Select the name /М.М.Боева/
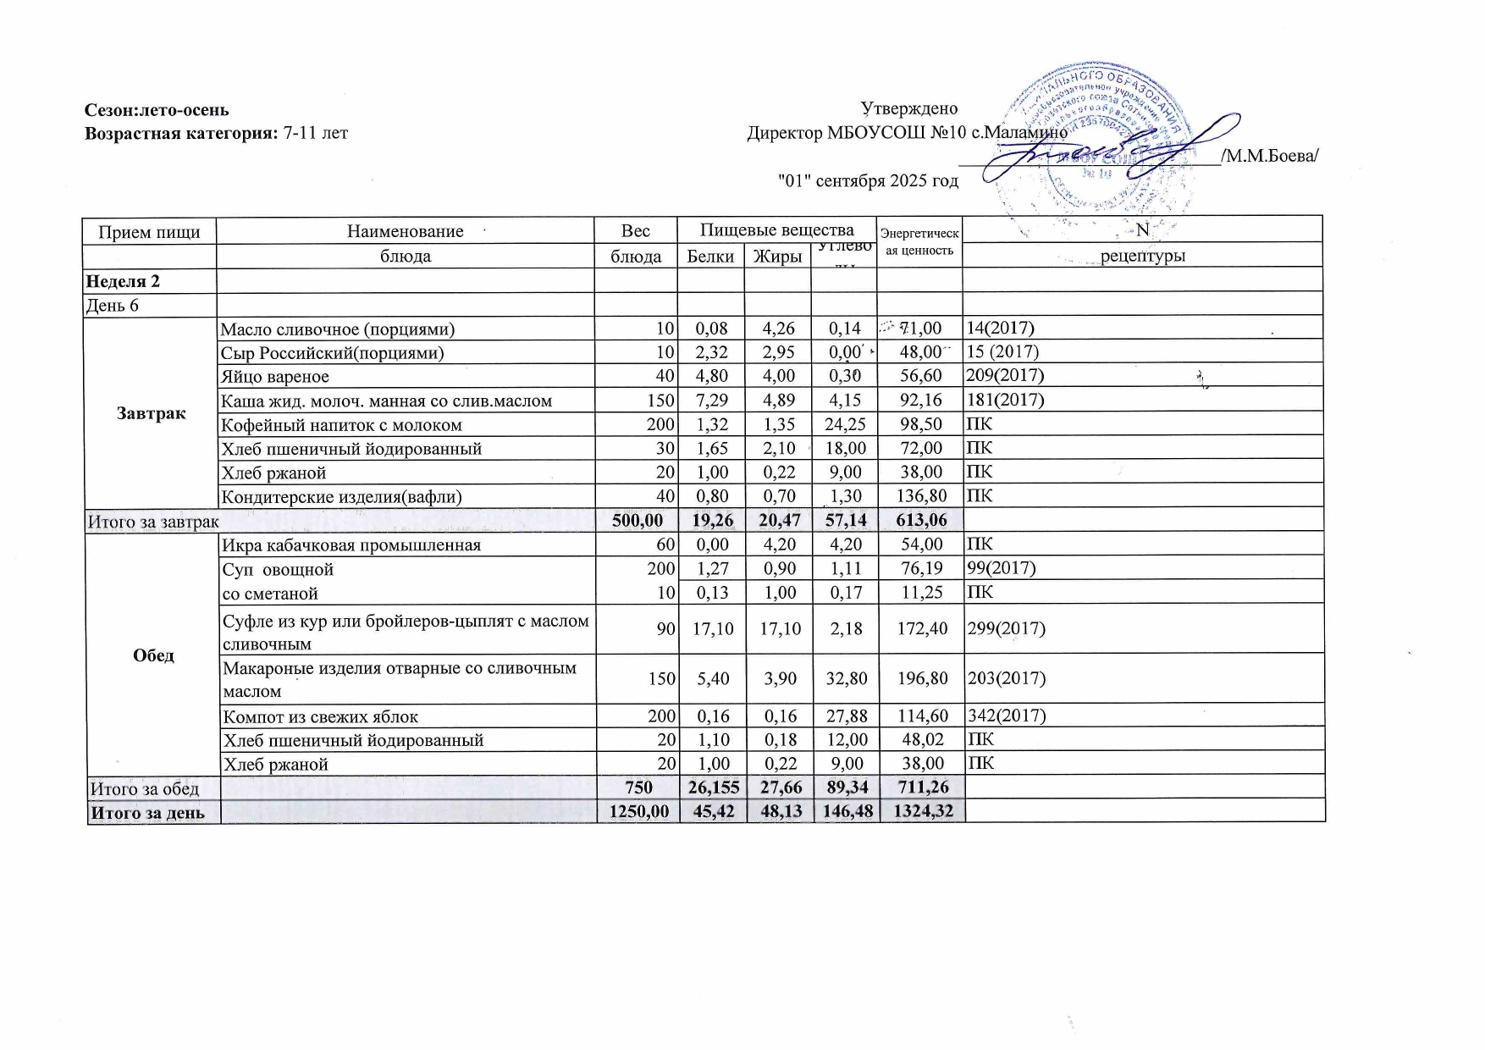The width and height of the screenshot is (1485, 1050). click(x=1269, y=156)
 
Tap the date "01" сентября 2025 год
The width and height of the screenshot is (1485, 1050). click(x=868, y=180)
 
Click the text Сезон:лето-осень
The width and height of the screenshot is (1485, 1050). click(x=157, y=109)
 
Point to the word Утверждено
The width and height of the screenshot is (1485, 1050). click(x=909, y=108)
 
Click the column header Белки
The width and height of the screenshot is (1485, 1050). click(x=710, y=256)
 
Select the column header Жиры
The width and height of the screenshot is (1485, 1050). click(x=777, y=256)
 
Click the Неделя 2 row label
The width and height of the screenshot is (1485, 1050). click(x=124, y=281)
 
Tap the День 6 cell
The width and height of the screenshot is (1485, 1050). click(x=113, y=305)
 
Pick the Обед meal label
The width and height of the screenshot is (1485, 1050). click(x=153, y=655)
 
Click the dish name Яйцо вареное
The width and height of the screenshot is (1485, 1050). click(x=275, y=377)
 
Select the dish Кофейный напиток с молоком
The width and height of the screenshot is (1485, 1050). click(x=341, y=425)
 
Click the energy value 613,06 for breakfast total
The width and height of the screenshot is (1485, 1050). click(x=920, y=520)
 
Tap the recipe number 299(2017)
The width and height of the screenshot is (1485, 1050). click(x=1007, y=628)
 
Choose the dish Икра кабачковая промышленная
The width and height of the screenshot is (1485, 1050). click(x=351, y=544)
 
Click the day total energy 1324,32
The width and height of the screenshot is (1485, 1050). click(x=921, y=811)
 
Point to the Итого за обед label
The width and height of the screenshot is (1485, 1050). click(x=145, y=788)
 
